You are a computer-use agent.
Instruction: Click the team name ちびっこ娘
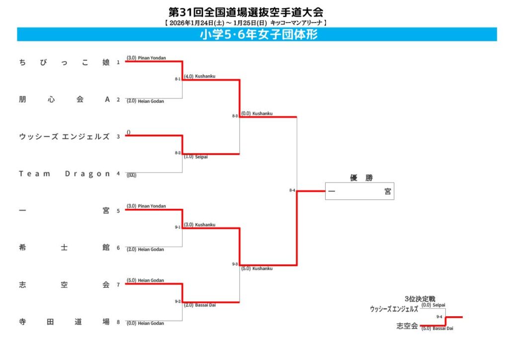click(64, 62)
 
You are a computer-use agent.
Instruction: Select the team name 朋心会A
click(64, 99)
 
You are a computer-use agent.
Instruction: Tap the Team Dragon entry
click(64, 174)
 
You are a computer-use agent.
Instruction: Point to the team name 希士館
click(64, 248)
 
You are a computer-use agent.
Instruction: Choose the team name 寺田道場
click(64, 322)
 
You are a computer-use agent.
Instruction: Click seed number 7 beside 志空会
click(118, 285)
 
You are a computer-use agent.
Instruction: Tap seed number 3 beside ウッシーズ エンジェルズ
click(118, 137)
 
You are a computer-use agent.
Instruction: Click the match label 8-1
click(177, 79)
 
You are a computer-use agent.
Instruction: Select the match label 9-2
click(177, 301)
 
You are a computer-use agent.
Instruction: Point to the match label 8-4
click(292, 190)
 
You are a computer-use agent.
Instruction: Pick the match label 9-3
click(235, 264)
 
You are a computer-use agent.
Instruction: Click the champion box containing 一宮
click(359, 191)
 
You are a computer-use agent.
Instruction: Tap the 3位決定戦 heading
click(420, 299)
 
